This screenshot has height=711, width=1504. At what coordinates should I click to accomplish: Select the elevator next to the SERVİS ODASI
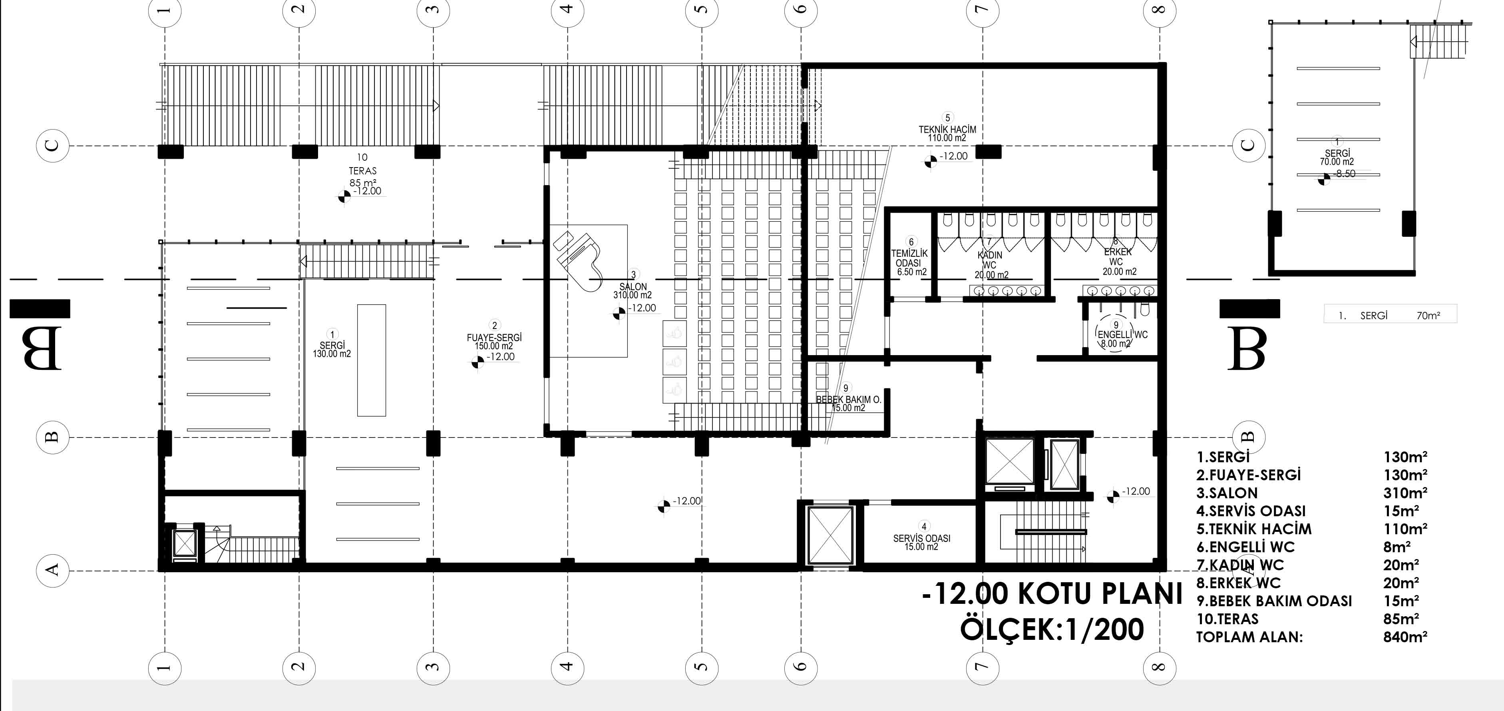[x=829, y=535]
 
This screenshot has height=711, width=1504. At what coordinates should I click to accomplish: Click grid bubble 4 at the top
[x=567, y=10]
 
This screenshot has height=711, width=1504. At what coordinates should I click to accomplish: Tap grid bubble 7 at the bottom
[x=982, y=666]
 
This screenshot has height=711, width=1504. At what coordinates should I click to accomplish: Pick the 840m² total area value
[x=1405, y=637]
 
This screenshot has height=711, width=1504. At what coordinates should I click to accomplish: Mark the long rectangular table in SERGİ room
[x=371, y=360]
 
